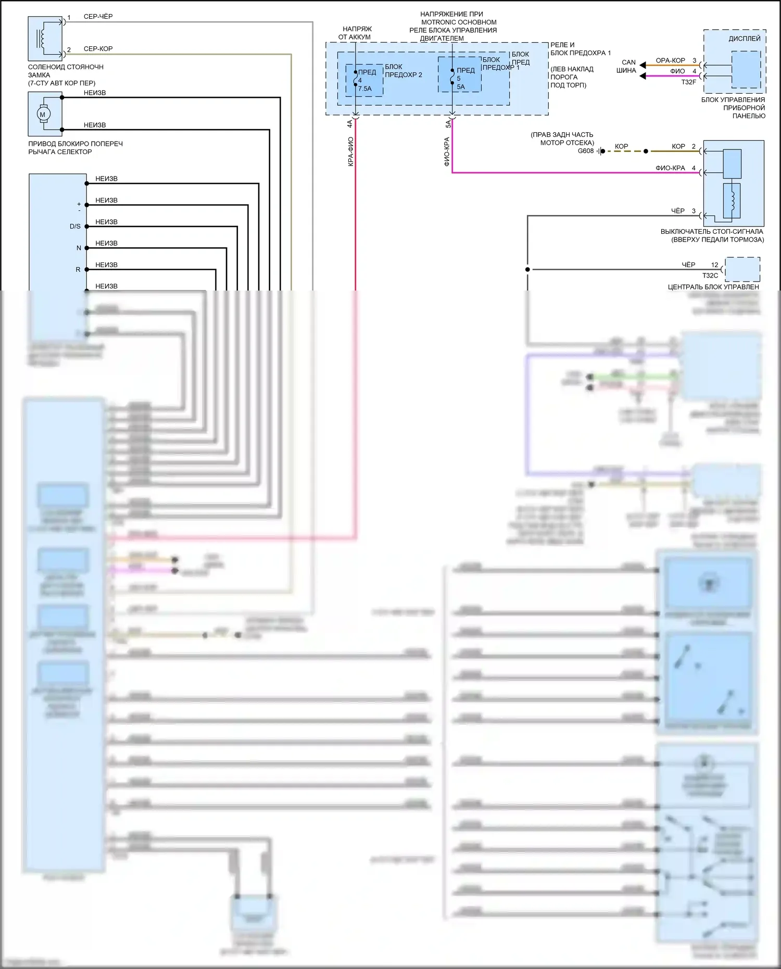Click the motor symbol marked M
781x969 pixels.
pos(43,114)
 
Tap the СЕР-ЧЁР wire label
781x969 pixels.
pos(98,17)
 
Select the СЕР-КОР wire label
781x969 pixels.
pos(98,49)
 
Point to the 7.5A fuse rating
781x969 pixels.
pos(364,89)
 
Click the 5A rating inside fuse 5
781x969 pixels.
pos(461,87)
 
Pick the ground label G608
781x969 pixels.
pos(585,151)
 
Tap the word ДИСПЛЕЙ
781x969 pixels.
pos(744,39)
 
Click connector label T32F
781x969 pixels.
pos(688,82)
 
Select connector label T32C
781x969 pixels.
pos(710,275)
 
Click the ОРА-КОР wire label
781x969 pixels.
pos(670,60)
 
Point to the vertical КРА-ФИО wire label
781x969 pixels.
pos(350,152)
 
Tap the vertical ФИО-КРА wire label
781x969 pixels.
pos(447,152)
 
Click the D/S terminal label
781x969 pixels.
pos(75,226)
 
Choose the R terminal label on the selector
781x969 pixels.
pos(78,270)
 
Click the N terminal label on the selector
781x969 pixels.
pos(79,248)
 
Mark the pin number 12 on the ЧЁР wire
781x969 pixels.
pos(714,265)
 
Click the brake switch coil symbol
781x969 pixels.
pos(732,200)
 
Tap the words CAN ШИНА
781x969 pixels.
pos(627,66)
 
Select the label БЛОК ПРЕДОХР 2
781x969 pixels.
pos(404,71)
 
